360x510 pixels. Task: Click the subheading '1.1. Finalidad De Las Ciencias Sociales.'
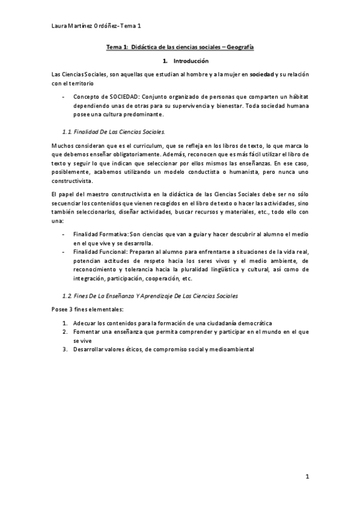tap(114, 131)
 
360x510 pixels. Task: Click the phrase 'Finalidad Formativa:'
tap(101, 233)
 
